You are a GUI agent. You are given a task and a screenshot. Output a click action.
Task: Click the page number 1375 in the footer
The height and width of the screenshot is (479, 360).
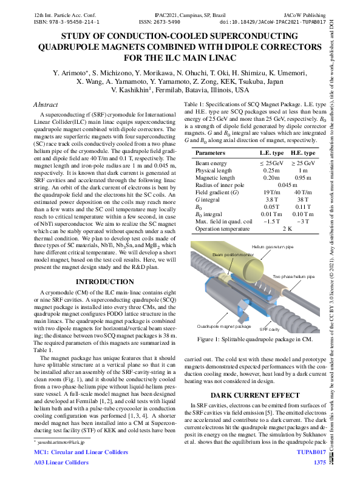[x=319, y=463]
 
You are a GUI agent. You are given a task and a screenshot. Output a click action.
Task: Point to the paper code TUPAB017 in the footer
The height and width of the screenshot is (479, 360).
[x=312, y=452]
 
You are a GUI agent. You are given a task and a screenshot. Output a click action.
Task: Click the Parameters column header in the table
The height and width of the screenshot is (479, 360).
[x=210, y=154]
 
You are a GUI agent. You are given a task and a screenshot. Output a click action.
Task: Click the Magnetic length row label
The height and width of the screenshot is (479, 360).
[x=216, y=178]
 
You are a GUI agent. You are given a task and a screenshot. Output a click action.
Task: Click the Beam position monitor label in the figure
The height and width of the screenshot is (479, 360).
[x=234, y=254]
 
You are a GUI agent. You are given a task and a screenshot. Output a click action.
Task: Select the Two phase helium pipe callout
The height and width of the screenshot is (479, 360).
[x=293, y=276]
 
